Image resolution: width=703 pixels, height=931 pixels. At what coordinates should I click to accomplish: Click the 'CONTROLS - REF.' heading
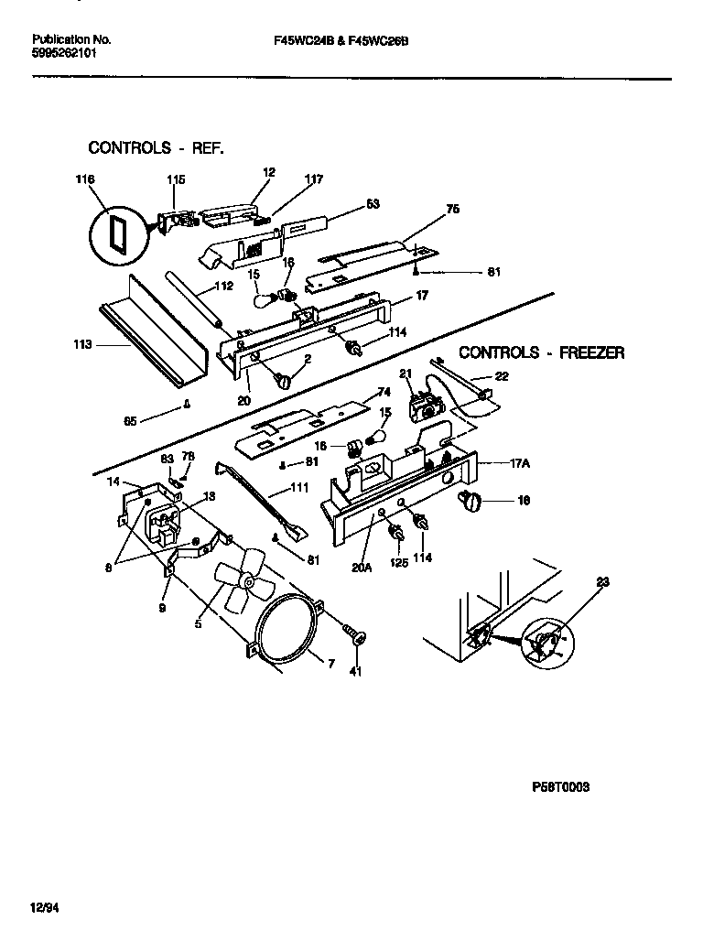tap(155, 147)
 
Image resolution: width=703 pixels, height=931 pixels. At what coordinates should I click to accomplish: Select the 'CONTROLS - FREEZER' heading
tap(541, 352)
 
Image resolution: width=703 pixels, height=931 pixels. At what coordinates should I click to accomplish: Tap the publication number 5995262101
tap(63, 53)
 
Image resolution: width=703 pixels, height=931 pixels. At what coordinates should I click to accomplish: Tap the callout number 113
tap(81, 345)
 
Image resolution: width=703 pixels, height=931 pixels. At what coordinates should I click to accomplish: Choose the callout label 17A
tap(520, 464)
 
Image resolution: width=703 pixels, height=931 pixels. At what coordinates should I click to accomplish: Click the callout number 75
tap(452, 210)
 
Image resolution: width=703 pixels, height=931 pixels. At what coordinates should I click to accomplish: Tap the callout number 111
tap(298, 489)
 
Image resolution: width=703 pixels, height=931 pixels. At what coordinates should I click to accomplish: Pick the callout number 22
tap(502, 376)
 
